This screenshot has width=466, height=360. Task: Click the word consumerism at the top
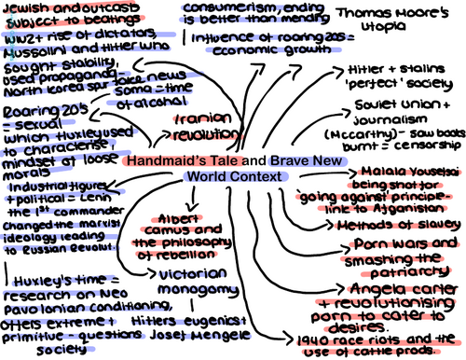(x=230, y=9)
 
